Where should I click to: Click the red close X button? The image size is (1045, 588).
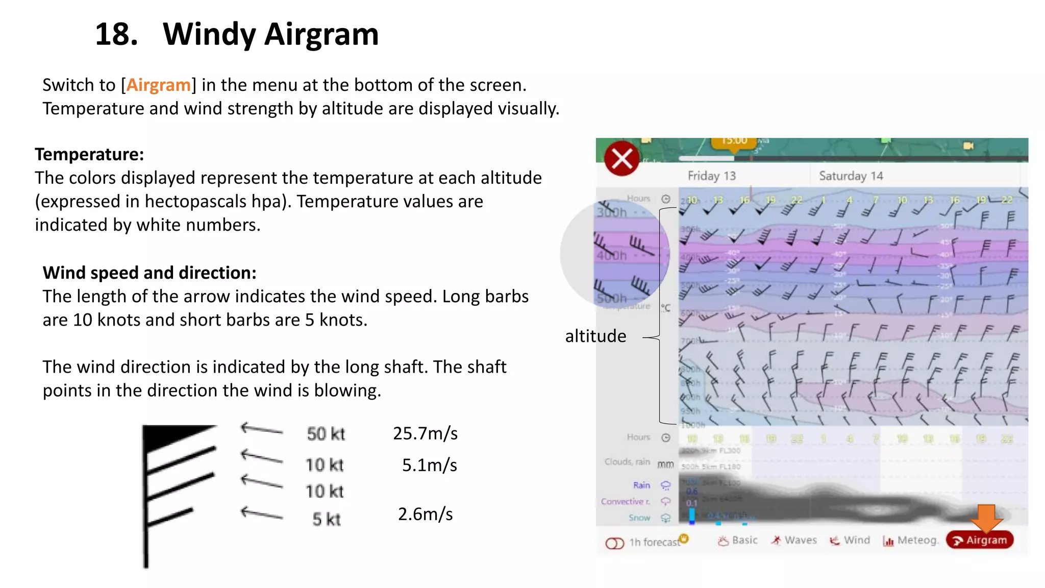[x=621, y=158]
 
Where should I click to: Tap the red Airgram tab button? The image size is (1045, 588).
[x=980, y=540]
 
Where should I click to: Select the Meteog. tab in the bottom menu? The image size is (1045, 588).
[x=911, y=540]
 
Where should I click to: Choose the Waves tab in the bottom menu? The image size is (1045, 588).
[x=794, y=540]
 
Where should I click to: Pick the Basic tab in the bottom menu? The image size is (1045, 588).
[x=738, y=540]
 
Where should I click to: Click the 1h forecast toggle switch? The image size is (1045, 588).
[x=615, y=543]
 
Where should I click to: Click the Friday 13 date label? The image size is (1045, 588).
[x=711, y=176]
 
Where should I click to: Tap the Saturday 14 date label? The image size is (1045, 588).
[x=851, y=176]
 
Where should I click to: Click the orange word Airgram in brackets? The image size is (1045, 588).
[x=158, y=85]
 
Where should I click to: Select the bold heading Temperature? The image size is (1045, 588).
[x=89, y=154]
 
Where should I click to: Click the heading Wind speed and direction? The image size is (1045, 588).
[x=150, y=273]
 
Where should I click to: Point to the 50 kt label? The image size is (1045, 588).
[x=326, y=434]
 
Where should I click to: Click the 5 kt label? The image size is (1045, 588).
[x=326, y=520]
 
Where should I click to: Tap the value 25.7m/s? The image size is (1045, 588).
[x=425, y=433]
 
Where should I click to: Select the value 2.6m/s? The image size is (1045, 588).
[x=425, y=514]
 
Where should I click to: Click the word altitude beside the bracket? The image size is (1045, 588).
[x=595, y=336]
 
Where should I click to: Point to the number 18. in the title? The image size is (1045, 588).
[x=116, y=34]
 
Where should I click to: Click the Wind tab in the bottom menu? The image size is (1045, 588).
[x=850, y=540]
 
